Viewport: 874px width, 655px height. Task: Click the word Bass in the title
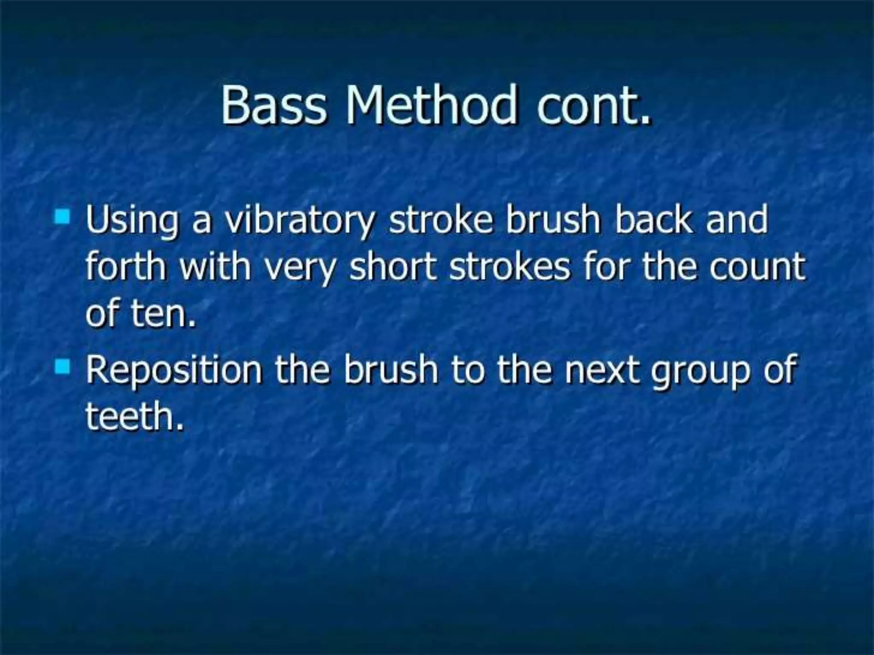click(x=273, y=105)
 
